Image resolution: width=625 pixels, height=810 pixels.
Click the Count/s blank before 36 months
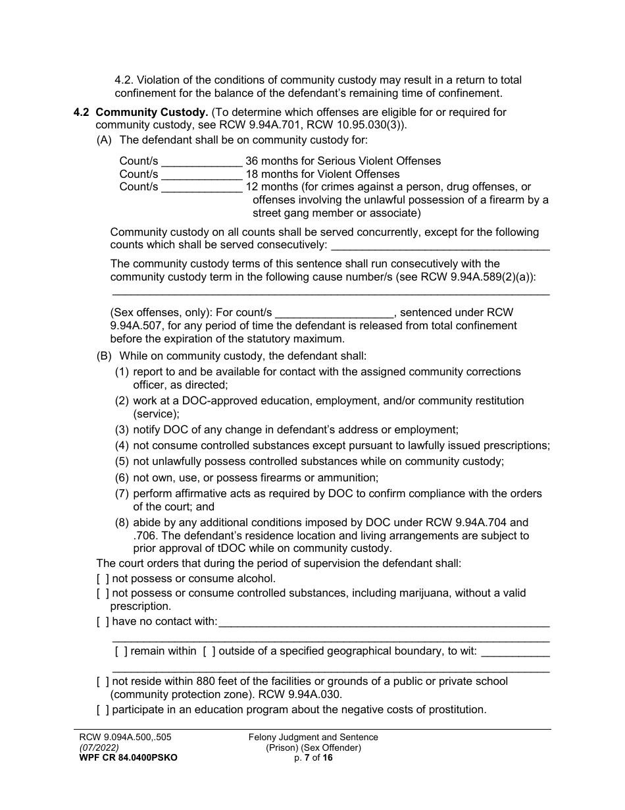pyautogui.click(x=202, y=161)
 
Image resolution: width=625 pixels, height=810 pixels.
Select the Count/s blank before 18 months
pyautogui.click(x=202, y=175)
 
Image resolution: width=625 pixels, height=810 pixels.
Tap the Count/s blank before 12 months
pyautogui.click(x=202, y=188)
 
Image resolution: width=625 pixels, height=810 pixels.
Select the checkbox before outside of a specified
pyautogui.click(x=209, y=651)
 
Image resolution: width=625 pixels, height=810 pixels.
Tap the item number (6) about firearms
pyautogui.click(x=122, y=478)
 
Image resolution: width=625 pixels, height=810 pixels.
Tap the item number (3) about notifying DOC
pyautogui.click(x=122, y=429)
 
